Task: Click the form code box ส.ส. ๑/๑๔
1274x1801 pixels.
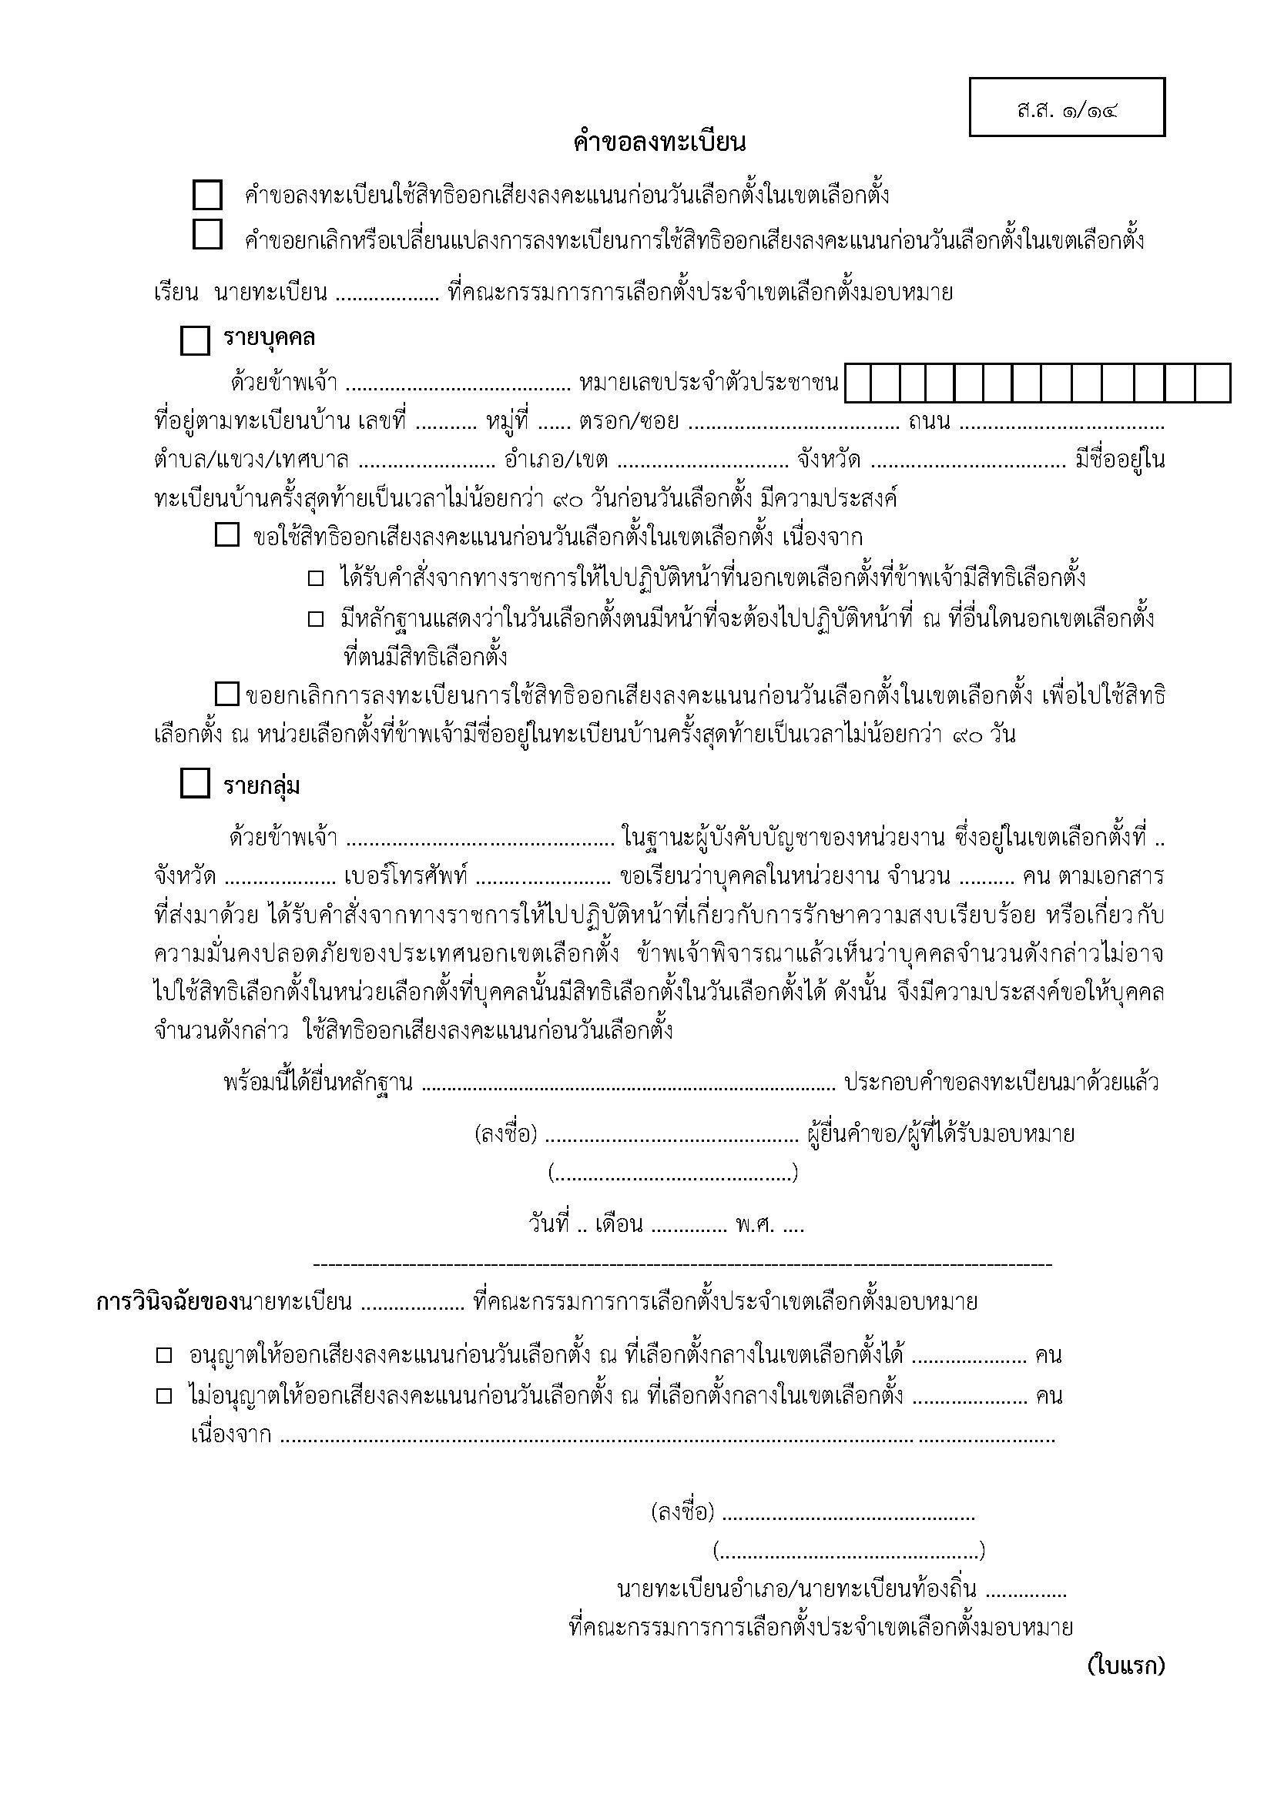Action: [1066, 108]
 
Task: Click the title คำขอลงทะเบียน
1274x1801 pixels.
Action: [659, 142]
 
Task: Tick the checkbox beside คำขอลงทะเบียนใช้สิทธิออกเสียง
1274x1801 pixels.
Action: [207, 195]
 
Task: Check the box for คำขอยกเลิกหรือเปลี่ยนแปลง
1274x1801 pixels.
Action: [207, 235]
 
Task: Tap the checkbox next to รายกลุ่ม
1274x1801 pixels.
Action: [196, 784]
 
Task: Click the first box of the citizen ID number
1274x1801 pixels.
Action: [859, 383]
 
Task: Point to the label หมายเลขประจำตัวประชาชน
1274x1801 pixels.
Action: [709, 383]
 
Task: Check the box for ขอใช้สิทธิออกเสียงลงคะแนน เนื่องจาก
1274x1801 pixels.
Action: [226, 537]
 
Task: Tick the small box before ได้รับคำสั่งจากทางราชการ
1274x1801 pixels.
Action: [315, 579]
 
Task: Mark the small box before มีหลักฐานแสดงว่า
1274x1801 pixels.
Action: [315, 620]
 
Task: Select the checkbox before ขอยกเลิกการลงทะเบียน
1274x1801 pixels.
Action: [226, 695]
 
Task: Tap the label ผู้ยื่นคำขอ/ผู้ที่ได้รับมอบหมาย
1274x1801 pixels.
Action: [940, 1134]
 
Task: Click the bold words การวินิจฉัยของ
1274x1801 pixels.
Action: [167, 1302]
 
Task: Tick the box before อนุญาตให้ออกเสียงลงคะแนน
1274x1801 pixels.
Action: [164, 1355]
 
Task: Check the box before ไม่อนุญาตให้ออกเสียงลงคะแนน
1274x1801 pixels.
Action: [164, 1396]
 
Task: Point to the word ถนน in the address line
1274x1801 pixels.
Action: [930, 422]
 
